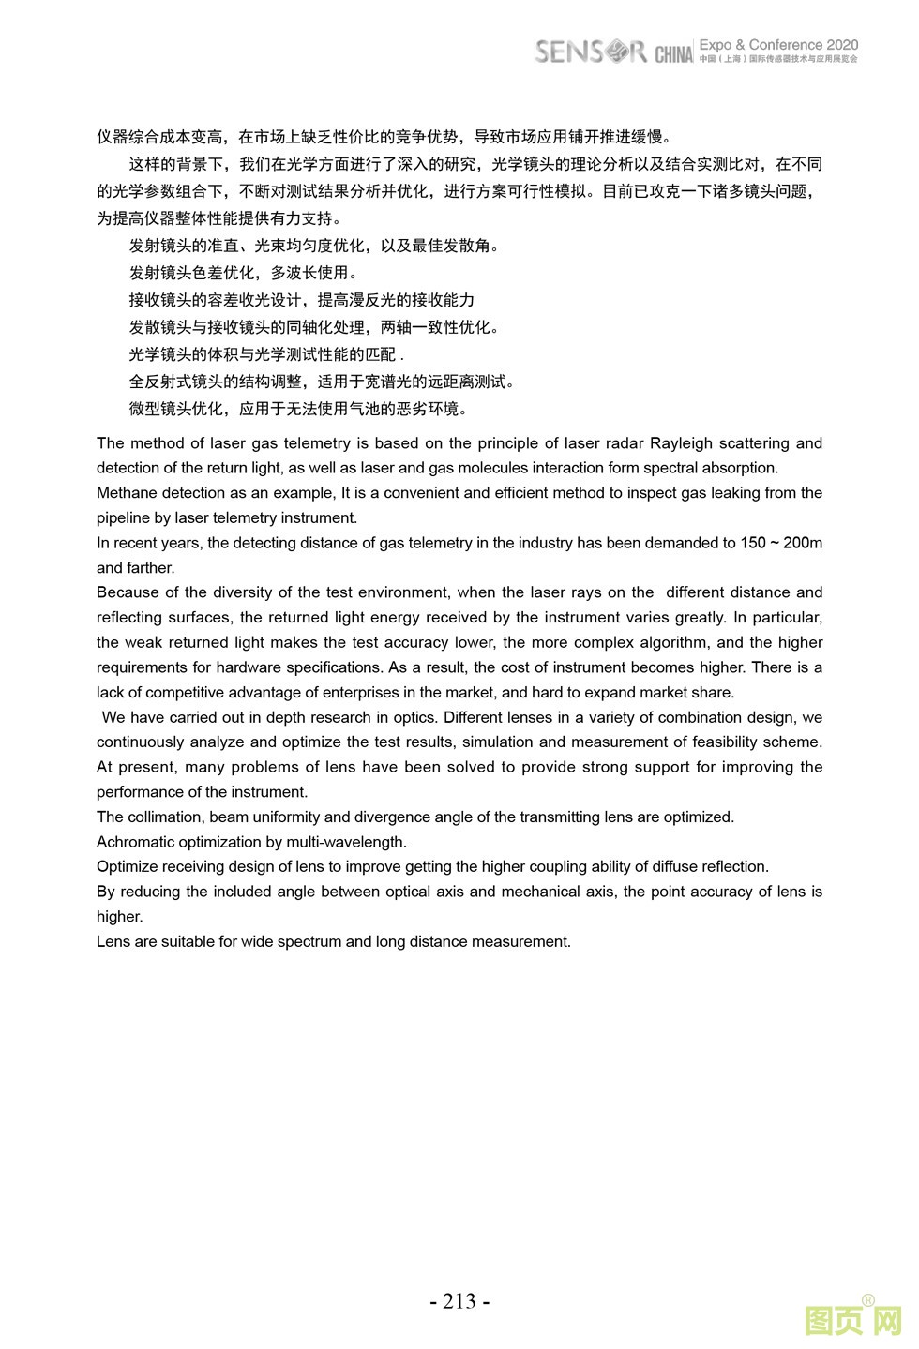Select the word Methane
click(127, 493)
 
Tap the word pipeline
click(124, 518)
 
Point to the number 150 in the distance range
click(753, 543)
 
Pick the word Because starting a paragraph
click(128, 592)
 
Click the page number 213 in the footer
click(459, 1301)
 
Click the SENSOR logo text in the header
click(590, 52)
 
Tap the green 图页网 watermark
click(852, 1322)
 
